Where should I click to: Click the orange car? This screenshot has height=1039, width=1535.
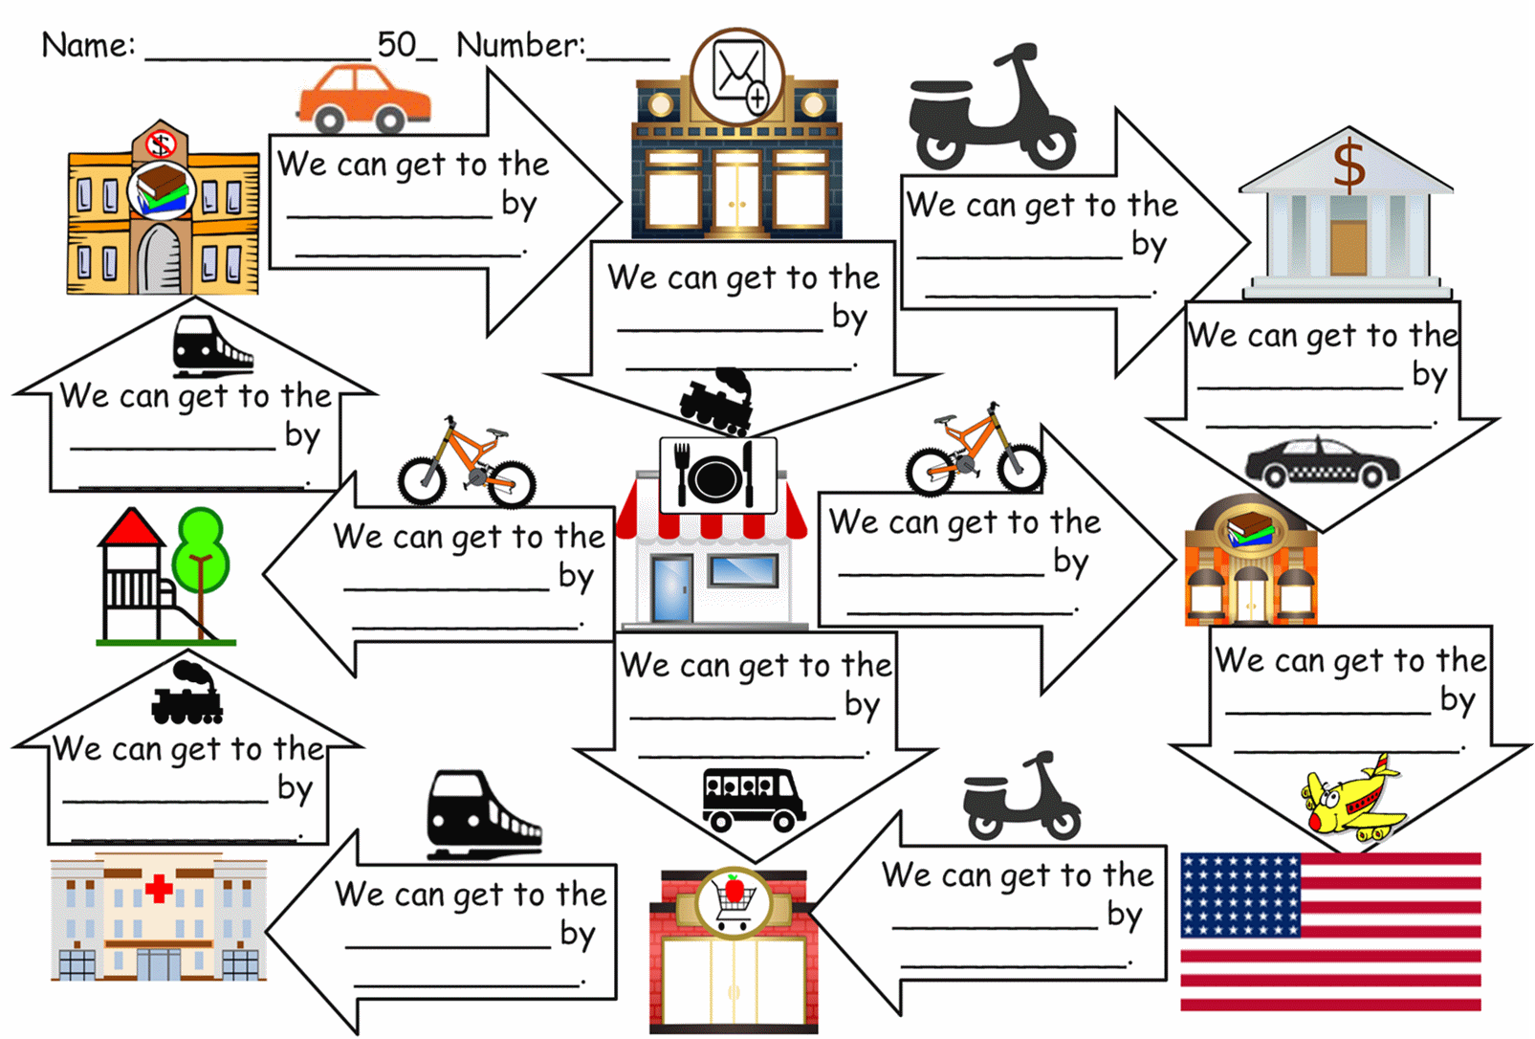(x=363, y=99)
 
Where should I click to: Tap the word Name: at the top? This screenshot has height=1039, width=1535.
(x=88, y=45)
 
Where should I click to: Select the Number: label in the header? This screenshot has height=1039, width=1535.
(x=520, y=45)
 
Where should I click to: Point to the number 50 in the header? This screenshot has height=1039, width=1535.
(x=397, y=44)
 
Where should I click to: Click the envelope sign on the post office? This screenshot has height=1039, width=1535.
(x=738, y=76)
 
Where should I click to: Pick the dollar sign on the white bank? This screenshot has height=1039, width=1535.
(x=1349, y=164)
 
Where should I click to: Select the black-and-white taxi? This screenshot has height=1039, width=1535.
(x=1322, y=463)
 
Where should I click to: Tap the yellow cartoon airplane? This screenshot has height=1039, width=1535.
(x=1350, y=798)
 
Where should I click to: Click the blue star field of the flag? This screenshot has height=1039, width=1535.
(x=1240, y=895)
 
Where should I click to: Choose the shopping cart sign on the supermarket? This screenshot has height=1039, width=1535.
(x=733, y=901)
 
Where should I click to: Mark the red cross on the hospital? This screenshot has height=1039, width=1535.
(x=159, y=889)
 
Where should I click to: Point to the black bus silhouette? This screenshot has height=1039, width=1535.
(x=753, y=797)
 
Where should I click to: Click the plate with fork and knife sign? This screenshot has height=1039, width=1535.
(x=717, y=475)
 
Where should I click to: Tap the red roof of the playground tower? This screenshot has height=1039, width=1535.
(x=131, y=529)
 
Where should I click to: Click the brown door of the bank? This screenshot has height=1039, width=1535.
(x=1349, y=247)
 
